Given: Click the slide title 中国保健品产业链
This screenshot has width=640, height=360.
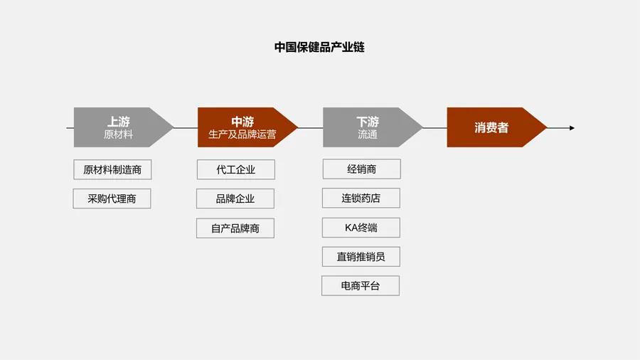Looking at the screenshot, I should pos(320,48).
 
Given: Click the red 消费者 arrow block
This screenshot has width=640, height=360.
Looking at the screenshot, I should pos(491,128).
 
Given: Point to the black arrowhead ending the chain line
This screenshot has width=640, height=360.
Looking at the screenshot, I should pos(571,128).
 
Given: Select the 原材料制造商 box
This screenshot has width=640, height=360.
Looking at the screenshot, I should pos(112,169).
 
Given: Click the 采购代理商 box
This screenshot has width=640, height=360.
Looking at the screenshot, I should pos(112,198).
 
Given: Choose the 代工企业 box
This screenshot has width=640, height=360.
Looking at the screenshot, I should pos(235,169).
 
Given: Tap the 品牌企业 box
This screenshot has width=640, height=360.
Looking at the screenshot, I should pos(235,198).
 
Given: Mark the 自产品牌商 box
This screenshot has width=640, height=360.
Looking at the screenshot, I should pos(235,228).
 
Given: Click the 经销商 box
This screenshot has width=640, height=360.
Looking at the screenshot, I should pos(361,169).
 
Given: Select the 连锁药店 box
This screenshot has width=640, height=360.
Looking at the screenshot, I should pos(361,198).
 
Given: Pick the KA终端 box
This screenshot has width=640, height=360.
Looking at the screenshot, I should pos(361,228).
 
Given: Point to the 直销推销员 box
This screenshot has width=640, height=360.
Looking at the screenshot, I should pos(361,257).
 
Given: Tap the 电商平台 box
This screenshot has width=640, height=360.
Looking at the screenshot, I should pos(361,286).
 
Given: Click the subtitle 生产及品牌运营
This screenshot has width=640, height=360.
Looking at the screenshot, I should pos(242,134).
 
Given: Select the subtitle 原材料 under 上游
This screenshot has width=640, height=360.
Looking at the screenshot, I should pos(118,134).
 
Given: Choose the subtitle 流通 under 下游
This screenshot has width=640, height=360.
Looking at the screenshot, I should pos(368,134).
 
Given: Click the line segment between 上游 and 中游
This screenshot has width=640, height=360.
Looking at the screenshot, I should pos(186,128).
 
